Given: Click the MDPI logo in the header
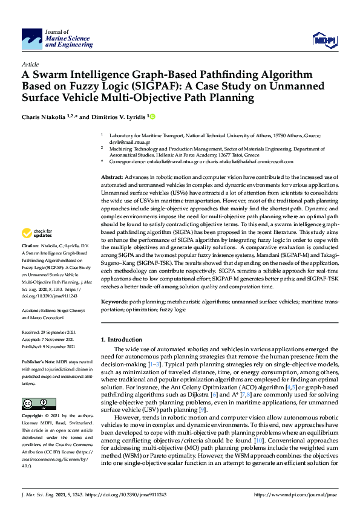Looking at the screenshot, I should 324,40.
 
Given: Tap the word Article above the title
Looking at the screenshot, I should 30,64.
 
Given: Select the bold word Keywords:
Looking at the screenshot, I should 114,301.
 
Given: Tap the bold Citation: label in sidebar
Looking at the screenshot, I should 30,264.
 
